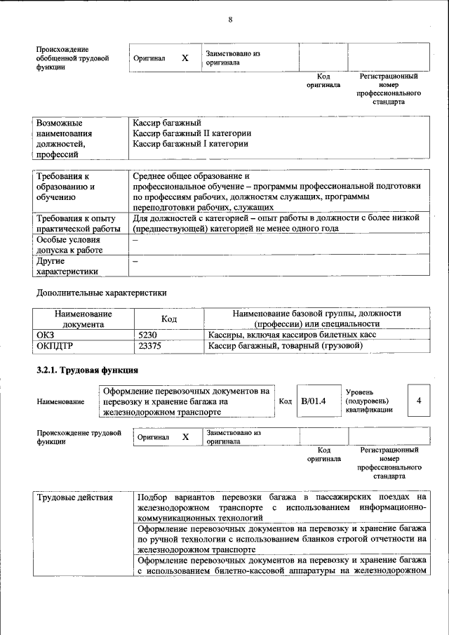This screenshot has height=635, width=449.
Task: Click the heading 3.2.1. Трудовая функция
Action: [x=87, y=370]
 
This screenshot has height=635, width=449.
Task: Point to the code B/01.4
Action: [x=314, y=401]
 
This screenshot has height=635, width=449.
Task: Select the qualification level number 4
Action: [x=418, y=401]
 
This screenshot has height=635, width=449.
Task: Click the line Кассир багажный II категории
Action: [x=192, y=133]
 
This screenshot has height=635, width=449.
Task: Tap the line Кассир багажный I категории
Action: [x=190, y=144]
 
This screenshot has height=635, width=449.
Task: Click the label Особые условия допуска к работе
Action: [x=69, y=244]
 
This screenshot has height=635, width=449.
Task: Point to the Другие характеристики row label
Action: [x=67, y=266]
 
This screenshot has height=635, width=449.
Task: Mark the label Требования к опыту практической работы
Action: [x=74, y=223]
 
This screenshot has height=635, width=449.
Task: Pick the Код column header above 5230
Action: [x=168, y=319]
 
